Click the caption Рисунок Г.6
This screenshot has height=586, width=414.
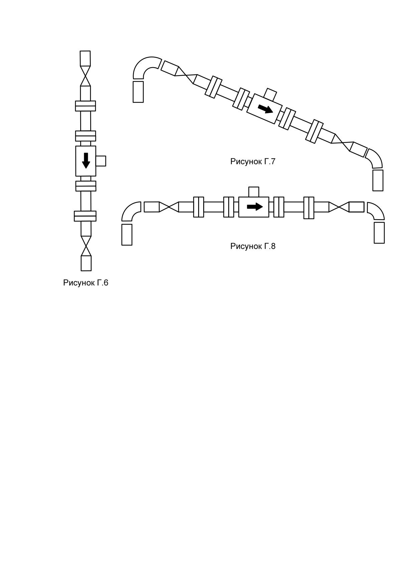(86, 283)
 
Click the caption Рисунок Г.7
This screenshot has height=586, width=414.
(253, 161)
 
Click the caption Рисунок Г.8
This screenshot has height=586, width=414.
(253, 246)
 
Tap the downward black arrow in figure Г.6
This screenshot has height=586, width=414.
(86, 160)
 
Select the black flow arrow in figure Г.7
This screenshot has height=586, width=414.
(266, 108)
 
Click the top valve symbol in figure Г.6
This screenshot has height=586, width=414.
(86, 76)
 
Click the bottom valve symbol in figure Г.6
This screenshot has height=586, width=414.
(86, 246)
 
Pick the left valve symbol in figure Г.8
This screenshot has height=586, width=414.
(169, 207)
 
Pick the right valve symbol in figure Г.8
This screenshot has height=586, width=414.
(339, 207)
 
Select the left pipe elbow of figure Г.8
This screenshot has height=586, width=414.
(129, 209)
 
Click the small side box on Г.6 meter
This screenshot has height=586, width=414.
(101, 161)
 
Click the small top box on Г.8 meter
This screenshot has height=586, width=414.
(254, 192)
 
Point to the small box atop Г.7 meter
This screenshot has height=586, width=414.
(270, 94)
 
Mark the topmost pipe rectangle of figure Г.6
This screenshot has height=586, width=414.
(86, 58)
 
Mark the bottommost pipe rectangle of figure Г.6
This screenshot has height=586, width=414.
(86, 263)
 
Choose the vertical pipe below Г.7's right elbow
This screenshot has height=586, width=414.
(378, 180)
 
